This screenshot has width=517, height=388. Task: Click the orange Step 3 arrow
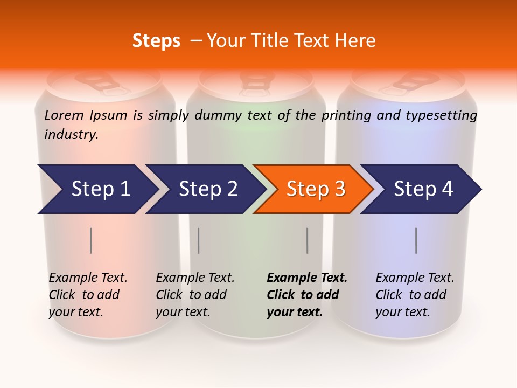pyautogui.click(x=315, y=189)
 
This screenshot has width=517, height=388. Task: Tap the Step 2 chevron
pyautogui.click(x=207, y=189)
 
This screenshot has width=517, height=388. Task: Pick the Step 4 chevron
pyautogui.click(x=423, y=189)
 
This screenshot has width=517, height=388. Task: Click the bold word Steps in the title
pyautogui.click(x=156, y=41)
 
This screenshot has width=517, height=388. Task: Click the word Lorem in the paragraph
pyautogui.click(x=64, y=115)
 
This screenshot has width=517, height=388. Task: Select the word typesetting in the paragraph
pyautogui.click(x=441, y=115)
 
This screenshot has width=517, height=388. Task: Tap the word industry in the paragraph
pyautogui.click(x=71, y=134)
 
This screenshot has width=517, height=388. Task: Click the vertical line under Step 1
pyautogui.click(x=91, y=240)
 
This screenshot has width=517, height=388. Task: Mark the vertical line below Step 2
pyautogui.click(x=199, y=240)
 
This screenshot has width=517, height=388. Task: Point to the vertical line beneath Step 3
pyautogui.click(x=307, y=240)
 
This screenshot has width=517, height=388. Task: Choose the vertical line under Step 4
pyautogui.click(x=416, y=240)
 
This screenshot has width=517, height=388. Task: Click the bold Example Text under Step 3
pyautogui.click(x=307, y=278)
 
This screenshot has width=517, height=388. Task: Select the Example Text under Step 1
pyautogui.click(x=88, y=278)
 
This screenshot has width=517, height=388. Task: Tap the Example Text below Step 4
pyautogui.click(x=415, y=278)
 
